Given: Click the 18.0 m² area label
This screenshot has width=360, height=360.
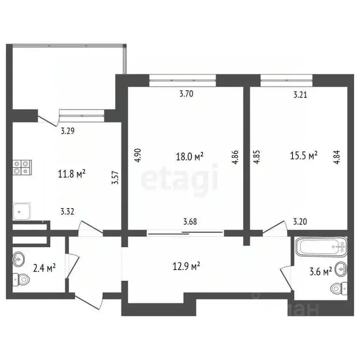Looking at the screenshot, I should click(x=189, y=157).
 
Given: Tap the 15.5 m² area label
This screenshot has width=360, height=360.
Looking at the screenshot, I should click(x=304, y=155).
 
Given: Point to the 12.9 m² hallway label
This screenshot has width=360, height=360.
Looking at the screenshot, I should click(x=187, y=266).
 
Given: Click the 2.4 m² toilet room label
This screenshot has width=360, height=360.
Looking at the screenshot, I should click(x=45, y=268).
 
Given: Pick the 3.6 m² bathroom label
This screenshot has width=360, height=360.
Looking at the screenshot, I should click(x=322, y=270).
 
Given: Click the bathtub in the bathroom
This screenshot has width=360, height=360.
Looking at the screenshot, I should click(x=322, y=246).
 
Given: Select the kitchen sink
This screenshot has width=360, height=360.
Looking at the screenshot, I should click(x=22, y=211).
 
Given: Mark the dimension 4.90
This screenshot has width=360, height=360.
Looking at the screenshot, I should click(x=138, y=156).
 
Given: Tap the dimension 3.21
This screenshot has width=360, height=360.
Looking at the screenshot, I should click(x=300, y=95).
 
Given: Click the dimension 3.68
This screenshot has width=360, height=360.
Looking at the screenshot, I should click(x=189, y=222).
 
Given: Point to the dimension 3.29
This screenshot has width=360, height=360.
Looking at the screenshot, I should click(x=68, y=131).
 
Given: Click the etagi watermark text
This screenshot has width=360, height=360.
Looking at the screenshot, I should click(x=180, y=178).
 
